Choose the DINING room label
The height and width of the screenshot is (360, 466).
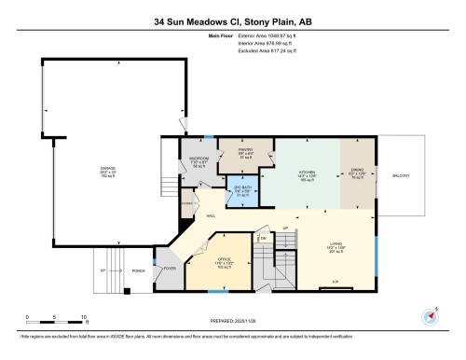tap(357, 173)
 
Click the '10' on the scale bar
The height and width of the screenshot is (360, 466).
tap(85, 317)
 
